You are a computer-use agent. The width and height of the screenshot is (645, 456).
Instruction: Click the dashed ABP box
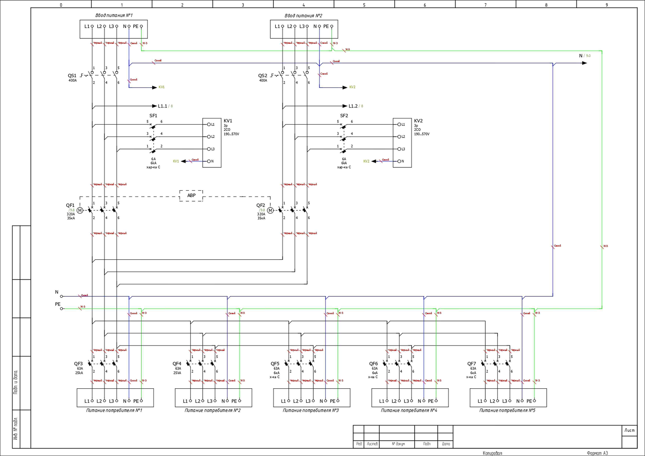191,195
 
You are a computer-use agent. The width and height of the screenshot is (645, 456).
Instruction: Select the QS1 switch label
72,76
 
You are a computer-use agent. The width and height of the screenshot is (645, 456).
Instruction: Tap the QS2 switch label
263,76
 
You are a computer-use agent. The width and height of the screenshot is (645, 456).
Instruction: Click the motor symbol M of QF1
80,210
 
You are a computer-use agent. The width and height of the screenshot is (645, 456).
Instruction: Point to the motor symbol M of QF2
270,210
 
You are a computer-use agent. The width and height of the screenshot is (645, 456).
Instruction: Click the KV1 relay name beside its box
228,121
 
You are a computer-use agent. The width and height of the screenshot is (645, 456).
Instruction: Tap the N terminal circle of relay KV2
399,161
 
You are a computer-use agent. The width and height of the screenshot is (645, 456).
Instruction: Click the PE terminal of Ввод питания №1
141,26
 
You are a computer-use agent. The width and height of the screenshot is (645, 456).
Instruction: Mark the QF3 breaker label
78,364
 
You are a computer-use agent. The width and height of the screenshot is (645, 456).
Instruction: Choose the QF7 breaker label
472,364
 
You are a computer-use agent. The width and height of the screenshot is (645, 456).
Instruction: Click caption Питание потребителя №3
311,410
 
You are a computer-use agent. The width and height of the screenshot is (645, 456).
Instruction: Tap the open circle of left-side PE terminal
62,309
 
